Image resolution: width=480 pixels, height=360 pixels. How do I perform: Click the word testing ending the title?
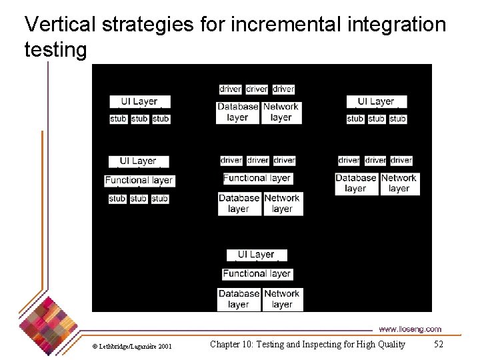coord(55,49)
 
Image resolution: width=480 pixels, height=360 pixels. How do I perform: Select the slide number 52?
coord(438,344)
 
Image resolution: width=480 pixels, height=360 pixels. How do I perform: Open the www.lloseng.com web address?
coord(410,329)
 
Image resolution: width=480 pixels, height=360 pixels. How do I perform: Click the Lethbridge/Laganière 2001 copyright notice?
coord(132,346)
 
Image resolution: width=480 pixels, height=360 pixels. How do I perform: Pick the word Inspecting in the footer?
coord(332,344)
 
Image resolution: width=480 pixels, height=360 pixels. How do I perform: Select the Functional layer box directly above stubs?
coord(139,180)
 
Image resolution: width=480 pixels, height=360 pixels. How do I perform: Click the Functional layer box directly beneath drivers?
coord(257,178)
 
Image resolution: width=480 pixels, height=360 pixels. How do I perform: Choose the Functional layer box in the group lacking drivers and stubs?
coord(257,273)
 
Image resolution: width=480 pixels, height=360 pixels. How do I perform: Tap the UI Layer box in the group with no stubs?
coord(257,255)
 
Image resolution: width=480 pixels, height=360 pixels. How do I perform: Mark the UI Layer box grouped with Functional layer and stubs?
coord(139,161)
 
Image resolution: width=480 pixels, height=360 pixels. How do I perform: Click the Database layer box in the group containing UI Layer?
coord(239,299)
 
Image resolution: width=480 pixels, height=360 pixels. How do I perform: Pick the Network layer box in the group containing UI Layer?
coord(282,299)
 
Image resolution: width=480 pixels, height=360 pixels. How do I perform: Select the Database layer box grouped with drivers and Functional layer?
coord(239,203)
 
